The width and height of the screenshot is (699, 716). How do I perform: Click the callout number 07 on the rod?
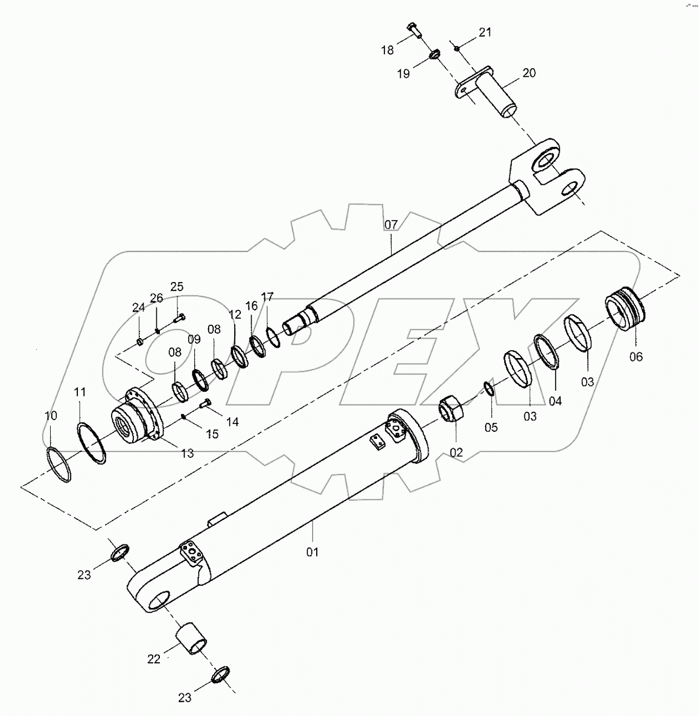[x=390, y=225]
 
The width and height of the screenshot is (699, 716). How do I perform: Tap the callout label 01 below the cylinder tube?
[x=313, y=552]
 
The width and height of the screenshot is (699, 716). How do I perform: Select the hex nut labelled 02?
[x=450, y=409]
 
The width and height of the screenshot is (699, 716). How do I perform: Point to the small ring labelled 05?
[x=489, y=389]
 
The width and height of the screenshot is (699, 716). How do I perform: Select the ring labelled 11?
[x=92, y=443]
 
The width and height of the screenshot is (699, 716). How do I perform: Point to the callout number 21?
[x=485, y=32]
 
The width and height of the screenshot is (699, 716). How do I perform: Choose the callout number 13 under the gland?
[x=188, y=453]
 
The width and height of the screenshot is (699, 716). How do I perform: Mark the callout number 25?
[x=177, y=287]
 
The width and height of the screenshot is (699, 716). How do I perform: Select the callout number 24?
[x=138, y=308]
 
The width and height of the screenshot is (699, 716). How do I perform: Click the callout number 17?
[x=267, y=297]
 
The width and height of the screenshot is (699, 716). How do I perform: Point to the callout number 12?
[x=235, y=314]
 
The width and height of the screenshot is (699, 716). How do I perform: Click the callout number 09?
[x=194, y=340]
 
